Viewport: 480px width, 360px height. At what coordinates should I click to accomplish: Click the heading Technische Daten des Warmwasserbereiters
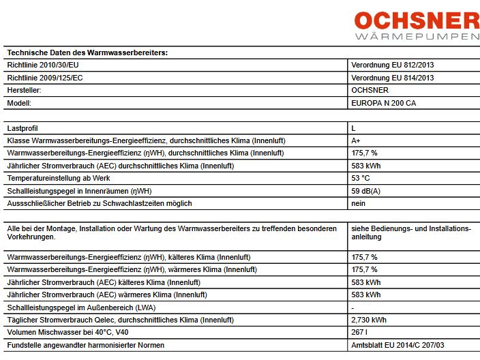(x=87, y=52)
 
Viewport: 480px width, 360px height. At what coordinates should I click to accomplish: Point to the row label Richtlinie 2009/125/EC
(x=45, y=78)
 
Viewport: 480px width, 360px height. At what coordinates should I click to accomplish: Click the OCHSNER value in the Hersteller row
(x=370, y=90)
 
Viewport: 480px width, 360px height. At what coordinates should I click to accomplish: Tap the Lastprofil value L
(x=353, y=127)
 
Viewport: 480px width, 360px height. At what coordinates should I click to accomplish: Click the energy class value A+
(x=355, y=140)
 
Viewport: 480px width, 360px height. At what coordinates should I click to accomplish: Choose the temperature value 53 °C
(x=361, y=178)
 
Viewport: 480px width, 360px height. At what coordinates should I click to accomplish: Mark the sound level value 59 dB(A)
(x=367, y=190)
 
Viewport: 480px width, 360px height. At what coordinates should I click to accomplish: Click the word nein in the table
(x=358, y=203)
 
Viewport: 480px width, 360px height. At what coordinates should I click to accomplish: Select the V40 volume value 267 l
(x=359, y=332)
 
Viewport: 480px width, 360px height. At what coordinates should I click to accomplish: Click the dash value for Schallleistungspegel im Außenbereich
(x=352, y=307)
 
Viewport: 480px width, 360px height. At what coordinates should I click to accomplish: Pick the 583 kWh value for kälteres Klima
(x=365, y=282)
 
